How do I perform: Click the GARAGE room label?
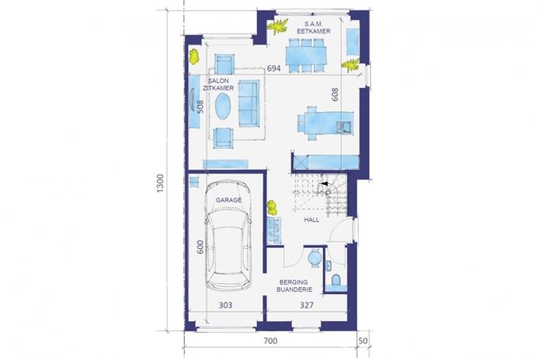[229, 200]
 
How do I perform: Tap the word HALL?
[311, 219]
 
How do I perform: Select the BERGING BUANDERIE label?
[294, 286]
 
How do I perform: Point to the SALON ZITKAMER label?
[219, 84]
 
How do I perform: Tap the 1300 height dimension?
[161, 183]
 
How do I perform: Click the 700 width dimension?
[270, 341]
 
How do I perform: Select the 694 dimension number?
[274, 68]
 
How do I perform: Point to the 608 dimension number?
[335, 95]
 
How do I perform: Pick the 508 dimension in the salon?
[200, 107]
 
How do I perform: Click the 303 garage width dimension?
[225, 305]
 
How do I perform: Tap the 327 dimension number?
[307, 305]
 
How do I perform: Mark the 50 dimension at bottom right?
[363, 341]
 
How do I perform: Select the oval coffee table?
[223, 106]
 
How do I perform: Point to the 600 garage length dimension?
[200, 247]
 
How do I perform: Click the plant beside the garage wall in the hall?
[272, 207]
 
